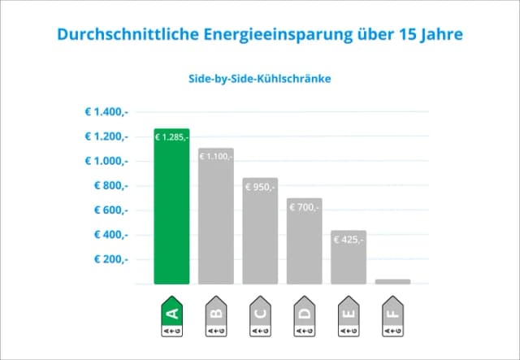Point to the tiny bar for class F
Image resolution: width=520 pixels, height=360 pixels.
tap(393, 281)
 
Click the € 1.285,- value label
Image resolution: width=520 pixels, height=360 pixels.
tap(171, 137)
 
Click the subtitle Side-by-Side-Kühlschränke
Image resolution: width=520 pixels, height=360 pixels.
tap(260, 80)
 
